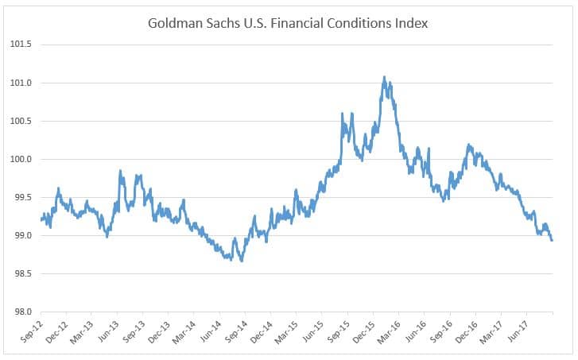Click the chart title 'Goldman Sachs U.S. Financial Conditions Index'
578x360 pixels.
pos(288,23)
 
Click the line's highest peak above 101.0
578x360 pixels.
pos(385,78)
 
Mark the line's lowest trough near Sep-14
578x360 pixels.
pos(241,260)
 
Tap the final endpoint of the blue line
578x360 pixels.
pos(552,240)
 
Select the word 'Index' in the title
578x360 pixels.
pos(410,23)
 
